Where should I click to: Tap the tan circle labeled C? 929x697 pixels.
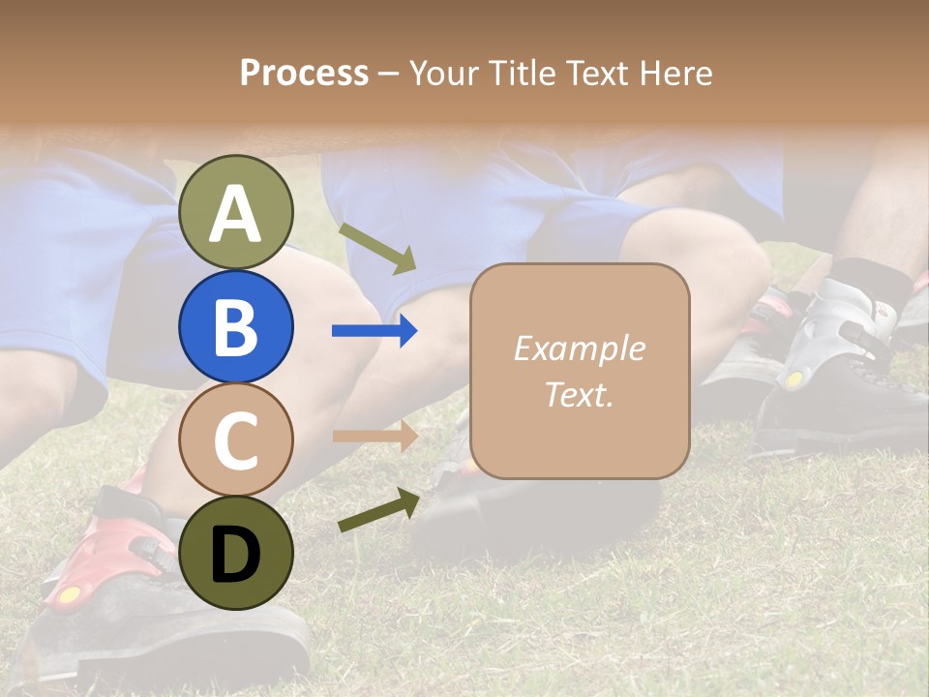click(235, 439)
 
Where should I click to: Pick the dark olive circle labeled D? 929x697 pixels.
click(235, 553)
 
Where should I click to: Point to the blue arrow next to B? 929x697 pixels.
click(375, 331)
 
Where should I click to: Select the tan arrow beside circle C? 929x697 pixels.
click(375, 436)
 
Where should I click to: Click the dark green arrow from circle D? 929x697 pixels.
click(378, 510)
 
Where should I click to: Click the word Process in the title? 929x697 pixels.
click(304, 73)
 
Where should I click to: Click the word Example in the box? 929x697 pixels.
click(579, 348)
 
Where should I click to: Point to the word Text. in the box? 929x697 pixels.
click(579, 394)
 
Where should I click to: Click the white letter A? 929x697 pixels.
click(235, 214)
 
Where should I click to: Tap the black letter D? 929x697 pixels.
click(235, 555)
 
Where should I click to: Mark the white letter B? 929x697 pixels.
click(235, 327)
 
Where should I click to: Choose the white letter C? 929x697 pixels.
click(235, 440)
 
